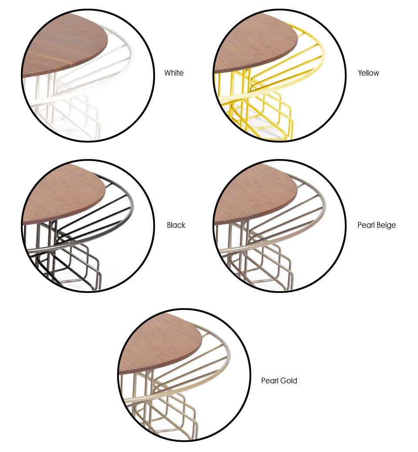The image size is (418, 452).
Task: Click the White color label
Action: (x=174, y=73)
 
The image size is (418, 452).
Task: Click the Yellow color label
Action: (x=368, y=73)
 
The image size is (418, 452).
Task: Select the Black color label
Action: (x=176, y=225)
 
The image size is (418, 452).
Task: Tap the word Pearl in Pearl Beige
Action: (x=366, y=225)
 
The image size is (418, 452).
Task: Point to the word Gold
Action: (x=289, y=381)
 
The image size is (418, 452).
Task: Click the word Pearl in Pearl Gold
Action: (x=270, y=381)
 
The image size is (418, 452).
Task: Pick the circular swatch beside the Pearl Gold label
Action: (x=184, y=375)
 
